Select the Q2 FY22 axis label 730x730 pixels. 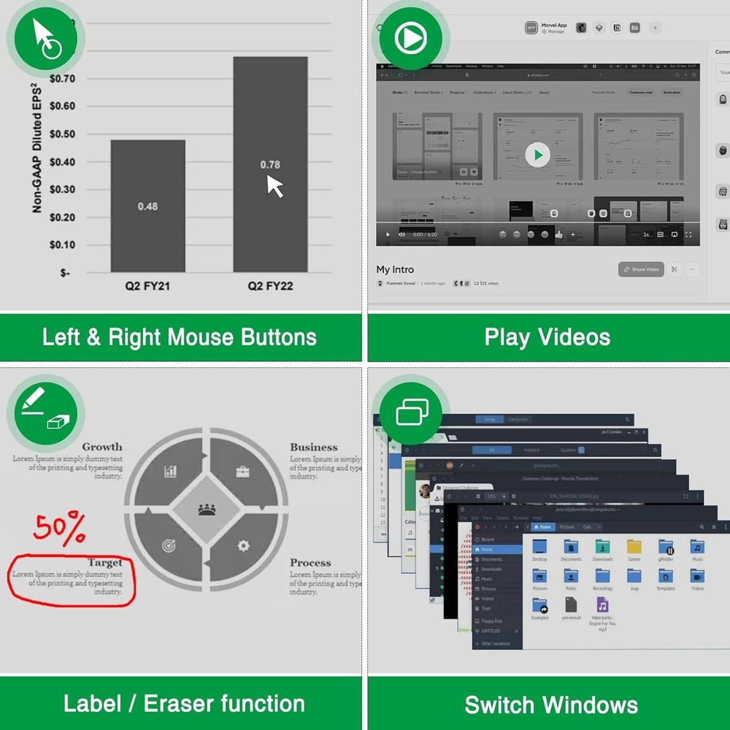point(270,286)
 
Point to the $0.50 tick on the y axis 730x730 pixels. point(62,134)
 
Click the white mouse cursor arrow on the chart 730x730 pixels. point(274,186)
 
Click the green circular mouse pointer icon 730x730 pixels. point(46,39)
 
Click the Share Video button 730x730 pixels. point(640,269)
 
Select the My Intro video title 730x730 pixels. point(394,269)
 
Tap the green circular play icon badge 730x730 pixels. point(410,39)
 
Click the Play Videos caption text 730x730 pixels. point(547,337)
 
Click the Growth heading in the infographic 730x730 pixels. point(102,447)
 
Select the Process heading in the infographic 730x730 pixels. point(310,563)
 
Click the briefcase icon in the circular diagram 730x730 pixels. point(243,472)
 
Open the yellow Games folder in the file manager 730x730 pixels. point(634,548)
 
